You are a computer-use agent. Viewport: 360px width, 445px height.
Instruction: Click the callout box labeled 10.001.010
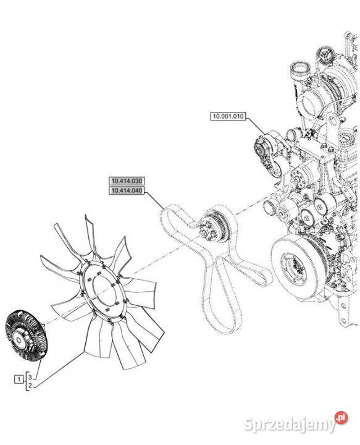tap(228, 116)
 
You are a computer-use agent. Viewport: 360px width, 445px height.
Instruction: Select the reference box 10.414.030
tap(127, 180)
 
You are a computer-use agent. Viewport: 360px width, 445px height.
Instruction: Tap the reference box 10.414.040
tap(127, 190)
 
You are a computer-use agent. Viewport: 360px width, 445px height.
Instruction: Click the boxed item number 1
tap(19, 379)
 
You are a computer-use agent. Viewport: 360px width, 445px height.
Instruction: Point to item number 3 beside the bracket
tap(30, 378)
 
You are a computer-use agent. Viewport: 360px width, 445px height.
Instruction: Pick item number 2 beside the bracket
tap(30, 385)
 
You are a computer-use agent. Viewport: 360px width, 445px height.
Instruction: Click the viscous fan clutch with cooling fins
tap(27, 335)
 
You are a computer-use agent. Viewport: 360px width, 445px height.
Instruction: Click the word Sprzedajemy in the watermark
tap(290, 424)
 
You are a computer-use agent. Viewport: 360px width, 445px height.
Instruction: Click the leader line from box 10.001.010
tap(256, 125)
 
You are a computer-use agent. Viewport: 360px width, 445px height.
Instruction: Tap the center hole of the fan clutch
tap(19, 339)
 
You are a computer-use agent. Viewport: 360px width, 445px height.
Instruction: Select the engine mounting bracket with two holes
tap(344, 312)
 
